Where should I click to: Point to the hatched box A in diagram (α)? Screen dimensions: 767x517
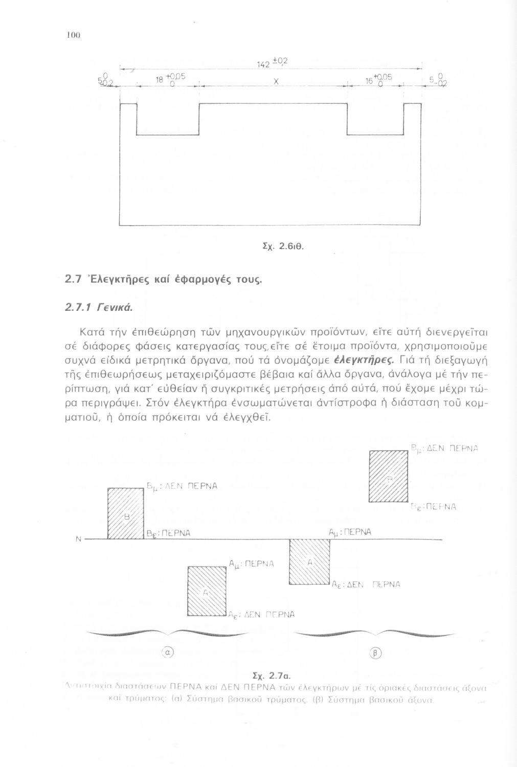(x=208, y=592)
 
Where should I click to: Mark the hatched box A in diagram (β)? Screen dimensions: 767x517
(x=309, y=562)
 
